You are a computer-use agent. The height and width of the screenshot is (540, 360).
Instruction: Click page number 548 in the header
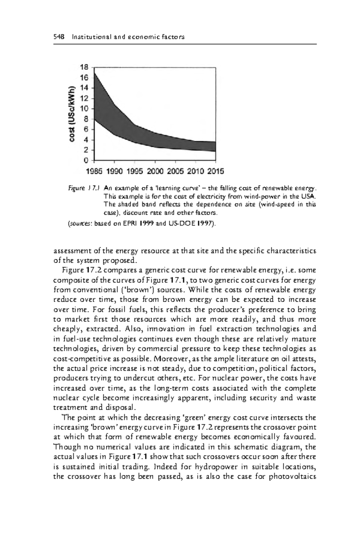point(58,37)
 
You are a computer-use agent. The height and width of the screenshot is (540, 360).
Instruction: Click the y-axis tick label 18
point(84,67)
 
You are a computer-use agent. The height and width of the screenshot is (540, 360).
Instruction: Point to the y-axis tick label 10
point(84,109)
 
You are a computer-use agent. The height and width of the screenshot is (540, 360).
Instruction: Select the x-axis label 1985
point(94,172)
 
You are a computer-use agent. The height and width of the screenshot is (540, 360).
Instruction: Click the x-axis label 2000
point(155,172)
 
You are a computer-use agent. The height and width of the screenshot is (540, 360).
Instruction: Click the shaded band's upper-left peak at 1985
point(95,73)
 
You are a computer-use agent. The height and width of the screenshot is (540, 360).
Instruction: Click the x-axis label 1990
point(114,172)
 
